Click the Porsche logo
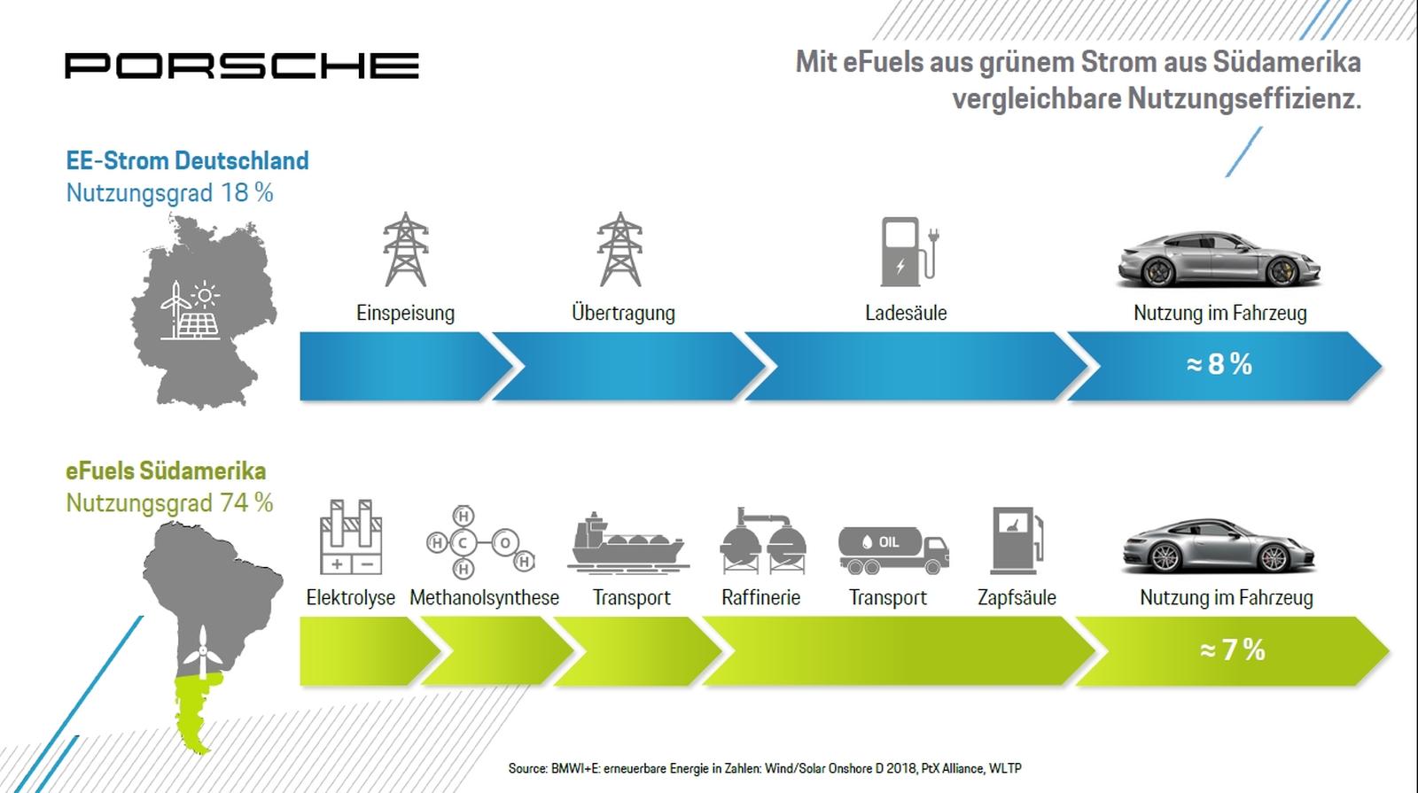coord(242,66)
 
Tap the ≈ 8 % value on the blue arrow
coord(1219,364)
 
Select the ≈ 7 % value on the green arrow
coord(1232,649)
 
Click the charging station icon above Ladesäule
coord(909,252)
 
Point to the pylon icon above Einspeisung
coord(406,249)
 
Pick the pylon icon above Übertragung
coord(620,249)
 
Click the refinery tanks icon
coord(763,541)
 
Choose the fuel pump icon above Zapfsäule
coord(1017,540)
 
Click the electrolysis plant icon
coord(351,537)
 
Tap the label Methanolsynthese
coord(484,597)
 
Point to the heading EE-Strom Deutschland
coord(187,160)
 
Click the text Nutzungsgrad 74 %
coord(169,503)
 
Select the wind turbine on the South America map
coord(203,652)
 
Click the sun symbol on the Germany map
coord(205,295)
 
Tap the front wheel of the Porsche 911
coord(1165,557)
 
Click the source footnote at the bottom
coord(765,768)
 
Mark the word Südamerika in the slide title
coord(1287,62)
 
